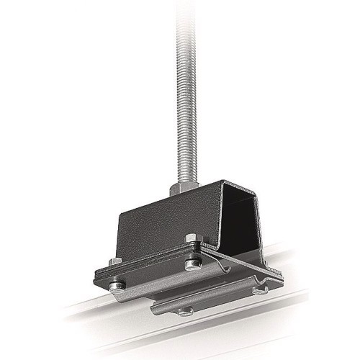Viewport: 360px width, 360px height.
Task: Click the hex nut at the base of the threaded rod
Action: click(181, 189)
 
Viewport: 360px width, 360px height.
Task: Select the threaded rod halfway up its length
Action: click(179, 94)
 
